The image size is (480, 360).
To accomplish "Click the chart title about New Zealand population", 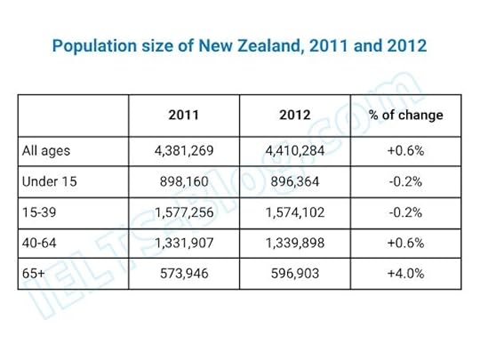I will coord(240,44).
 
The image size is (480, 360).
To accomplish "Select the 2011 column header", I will coord(184,116).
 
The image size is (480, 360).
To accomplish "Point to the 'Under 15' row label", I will coord(50,181).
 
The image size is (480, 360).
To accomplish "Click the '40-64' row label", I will coord(41,244).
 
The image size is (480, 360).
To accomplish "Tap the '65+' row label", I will coord(33,275).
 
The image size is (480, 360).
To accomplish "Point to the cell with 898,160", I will coord(184,181).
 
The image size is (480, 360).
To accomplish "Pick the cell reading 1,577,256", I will coord(184,212).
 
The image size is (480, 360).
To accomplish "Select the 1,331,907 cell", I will coord(184,244).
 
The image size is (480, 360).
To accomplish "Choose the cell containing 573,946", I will coord(184,275).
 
